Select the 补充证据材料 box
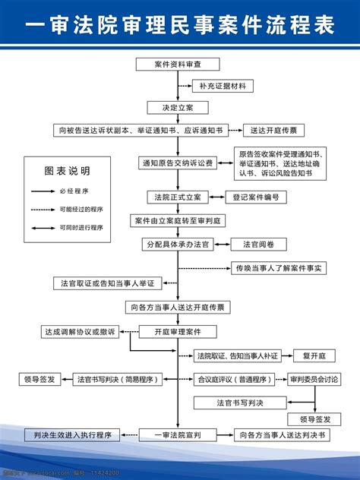222,87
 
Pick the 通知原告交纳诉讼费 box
176,163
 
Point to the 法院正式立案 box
176,197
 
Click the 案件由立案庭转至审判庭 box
176,220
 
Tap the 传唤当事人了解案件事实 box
279,268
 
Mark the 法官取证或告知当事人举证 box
107,283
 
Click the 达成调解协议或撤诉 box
79,332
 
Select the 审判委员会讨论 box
314,379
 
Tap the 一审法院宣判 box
176,435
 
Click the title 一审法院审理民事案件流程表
180,25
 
